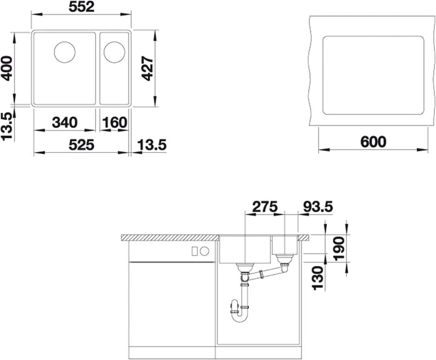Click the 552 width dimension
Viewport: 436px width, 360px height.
[x=82, y=7]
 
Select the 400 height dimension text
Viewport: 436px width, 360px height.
[x=7, y=68]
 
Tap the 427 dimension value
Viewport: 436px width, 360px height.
[x=147, y=68]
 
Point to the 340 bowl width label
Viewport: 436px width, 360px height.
[x=65, y=122]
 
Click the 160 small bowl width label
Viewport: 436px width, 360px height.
[x=114, y=122]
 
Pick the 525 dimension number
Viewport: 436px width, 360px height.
[x=82, y=145]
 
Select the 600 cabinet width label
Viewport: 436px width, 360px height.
[x=373, y=142]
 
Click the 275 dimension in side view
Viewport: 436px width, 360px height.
[x=265, y=207]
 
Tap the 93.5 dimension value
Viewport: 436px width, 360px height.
[x=317, y=207]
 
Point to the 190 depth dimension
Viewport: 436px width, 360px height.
[x=339, y=248]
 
